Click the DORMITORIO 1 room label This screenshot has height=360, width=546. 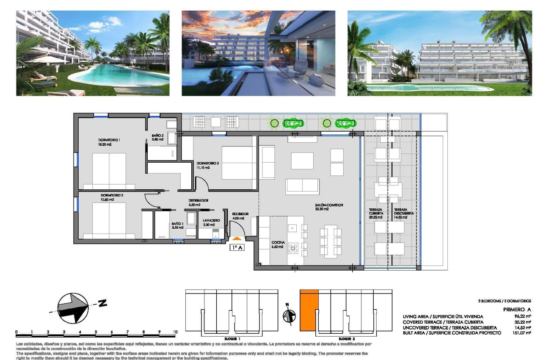point(109,140)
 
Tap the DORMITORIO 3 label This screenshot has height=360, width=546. point(207,163)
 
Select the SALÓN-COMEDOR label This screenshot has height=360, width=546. point(328,205)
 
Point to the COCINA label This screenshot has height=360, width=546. point(278,243)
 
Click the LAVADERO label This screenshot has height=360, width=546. point(211,221)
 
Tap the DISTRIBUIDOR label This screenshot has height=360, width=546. point(198,201)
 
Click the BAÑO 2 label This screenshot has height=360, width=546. point(157,136)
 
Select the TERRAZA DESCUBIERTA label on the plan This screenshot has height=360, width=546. point(403,212)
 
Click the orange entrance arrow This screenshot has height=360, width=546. point(237,239)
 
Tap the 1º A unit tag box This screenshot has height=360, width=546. point(237,248)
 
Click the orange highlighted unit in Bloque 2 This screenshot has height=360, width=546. point(309,310)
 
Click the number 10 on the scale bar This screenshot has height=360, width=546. point(175,332)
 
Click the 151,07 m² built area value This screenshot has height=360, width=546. point(521,333)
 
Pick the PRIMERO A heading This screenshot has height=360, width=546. point(517,310)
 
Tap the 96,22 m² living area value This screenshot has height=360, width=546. point(522,316)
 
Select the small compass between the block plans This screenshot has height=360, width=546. point(289,316)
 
